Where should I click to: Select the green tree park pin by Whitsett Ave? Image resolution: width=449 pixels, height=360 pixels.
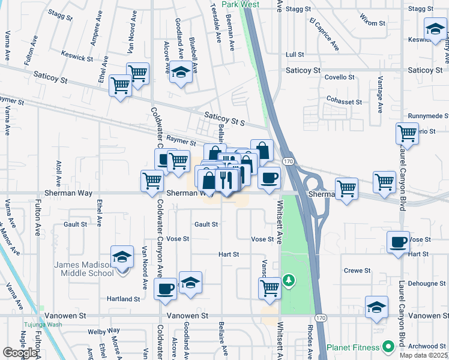[289, 280]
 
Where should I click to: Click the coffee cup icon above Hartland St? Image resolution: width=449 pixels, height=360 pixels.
[165, 289]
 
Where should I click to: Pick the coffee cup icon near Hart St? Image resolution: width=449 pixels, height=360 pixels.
[399, 242]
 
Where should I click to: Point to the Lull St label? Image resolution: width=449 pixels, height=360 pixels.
[295, 54]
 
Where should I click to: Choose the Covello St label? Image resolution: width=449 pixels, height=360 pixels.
[340, 77]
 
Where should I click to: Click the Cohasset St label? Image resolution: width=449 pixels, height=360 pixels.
[344, 102]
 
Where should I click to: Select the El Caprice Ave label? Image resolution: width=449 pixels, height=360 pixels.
[324, 34]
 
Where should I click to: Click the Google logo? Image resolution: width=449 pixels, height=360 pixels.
[20, 353]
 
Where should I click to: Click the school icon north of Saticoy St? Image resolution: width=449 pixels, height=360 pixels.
[179, 73]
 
